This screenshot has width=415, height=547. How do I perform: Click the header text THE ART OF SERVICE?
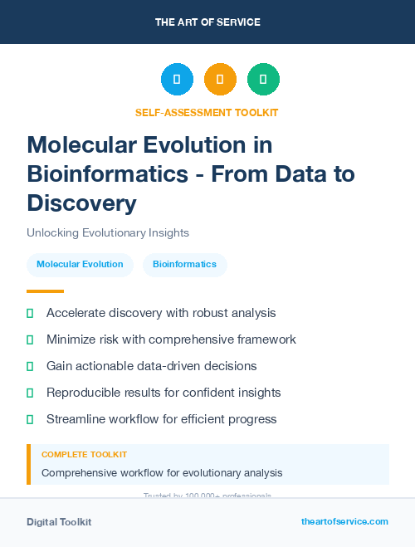click(x=207, y=22)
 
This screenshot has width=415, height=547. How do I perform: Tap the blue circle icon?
click(x=177, y=79)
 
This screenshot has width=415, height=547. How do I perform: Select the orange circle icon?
click(x=220, y=79)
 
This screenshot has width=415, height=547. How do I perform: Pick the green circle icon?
click(x=263, y=79)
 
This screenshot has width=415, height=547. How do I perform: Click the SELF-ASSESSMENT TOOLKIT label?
click(x=207, y=112)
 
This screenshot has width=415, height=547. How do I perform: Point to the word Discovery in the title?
click(x=81, y=203)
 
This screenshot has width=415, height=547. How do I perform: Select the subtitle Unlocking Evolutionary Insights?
click(x=108, y=232)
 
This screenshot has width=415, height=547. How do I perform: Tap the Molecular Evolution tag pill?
click(x=80, y=265)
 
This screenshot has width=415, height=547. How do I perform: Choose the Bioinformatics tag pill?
click(x=184, y=265)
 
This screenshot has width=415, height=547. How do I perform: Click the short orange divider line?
click(x=45, y=291)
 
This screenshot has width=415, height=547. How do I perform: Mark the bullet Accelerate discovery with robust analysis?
click(x=161, y=313)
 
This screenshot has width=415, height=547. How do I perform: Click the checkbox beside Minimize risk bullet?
click(x=30, y=339)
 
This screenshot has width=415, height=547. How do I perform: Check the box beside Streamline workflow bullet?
click(x=30, y=419)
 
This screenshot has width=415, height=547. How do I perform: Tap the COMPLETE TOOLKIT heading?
click(x=84, y=455)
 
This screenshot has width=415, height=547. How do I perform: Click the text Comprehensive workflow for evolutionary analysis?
click(x=162, y=473)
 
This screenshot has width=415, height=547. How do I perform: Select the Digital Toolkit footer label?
click(x=59, y=522)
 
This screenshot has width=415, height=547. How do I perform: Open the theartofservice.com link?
click(x=344, y=521)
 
